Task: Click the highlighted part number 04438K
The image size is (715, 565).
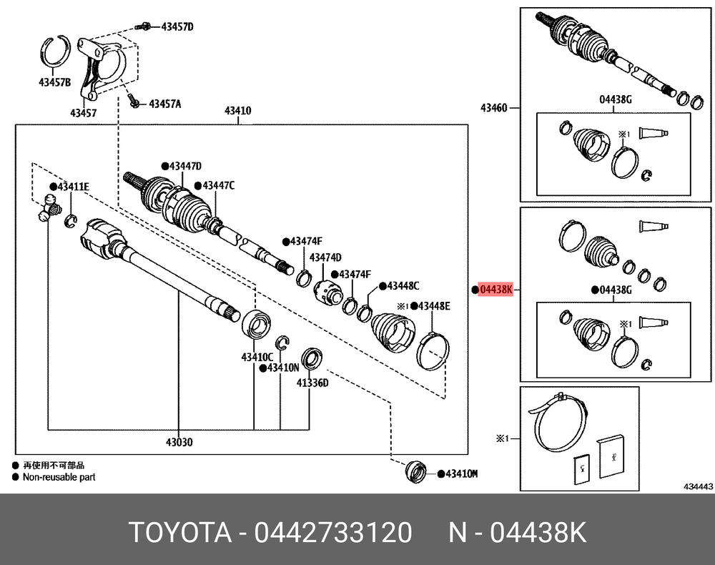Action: pos(497,290)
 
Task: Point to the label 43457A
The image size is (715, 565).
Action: pos(164,104)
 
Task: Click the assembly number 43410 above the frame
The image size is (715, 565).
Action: pos(237,111)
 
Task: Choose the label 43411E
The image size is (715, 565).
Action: pos(74,187)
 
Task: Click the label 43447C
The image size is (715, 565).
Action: pos(218,185)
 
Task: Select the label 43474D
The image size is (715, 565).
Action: pos(325,257)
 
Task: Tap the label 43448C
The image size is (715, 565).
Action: pos(403,285)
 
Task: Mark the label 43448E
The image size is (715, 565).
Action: pos(434,306)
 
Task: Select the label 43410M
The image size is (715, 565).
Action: pos(461,473)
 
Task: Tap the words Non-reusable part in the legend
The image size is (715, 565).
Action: pos(59,477)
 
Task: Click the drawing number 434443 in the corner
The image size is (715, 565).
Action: pos(698,486)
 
